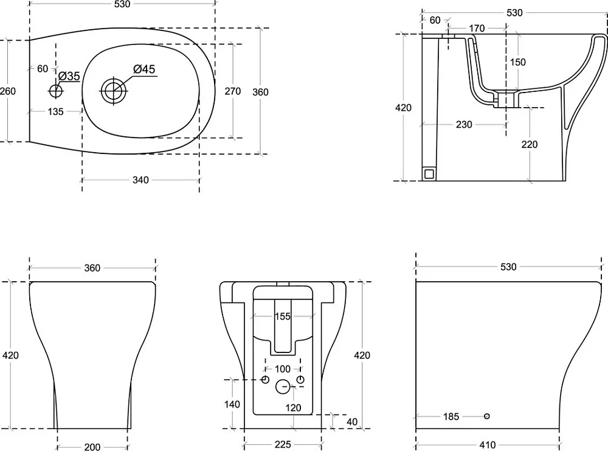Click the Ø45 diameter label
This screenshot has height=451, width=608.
[x=144, y=69]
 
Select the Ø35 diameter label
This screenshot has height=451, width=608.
[x=69, y=76]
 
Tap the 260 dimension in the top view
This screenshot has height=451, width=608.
[x=8, y=91]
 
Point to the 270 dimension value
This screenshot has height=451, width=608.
[x=233, y=91]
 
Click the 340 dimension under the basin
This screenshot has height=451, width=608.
[x=140, y=180]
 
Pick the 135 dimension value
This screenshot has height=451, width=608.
[x=55, y=112]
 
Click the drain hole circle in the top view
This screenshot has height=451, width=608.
[x=114, y=91]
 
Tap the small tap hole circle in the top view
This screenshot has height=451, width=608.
[x=56, y=91]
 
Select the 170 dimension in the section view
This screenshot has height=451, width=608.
[x=477, y=29]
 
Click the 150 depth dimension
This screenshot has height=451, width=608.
[x=517, y=62]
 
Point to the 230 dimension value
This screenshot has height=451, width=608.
[x=464, y=125]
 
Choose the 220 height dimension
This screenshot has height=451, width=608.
[x=530, y=144]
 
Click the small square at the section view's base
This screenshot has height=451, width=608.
[x=429, y=173]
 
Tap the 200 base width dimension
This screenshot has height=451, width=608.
[x=92, y=447]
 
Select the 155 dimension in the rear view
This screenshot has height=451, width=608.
[x=282, y=316]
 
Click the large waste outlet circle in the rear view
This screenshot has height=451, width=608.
[x=283, y=386]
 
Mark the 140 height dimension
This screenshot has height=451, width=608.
[x=232, y=404]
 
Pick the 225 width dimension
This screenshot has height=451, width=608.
[x=282, y=445]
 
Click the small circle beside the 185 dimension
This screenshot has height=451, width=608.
[x=486, y=416]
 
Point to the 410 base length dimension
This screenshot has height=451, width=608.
[x=487, y=445]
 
